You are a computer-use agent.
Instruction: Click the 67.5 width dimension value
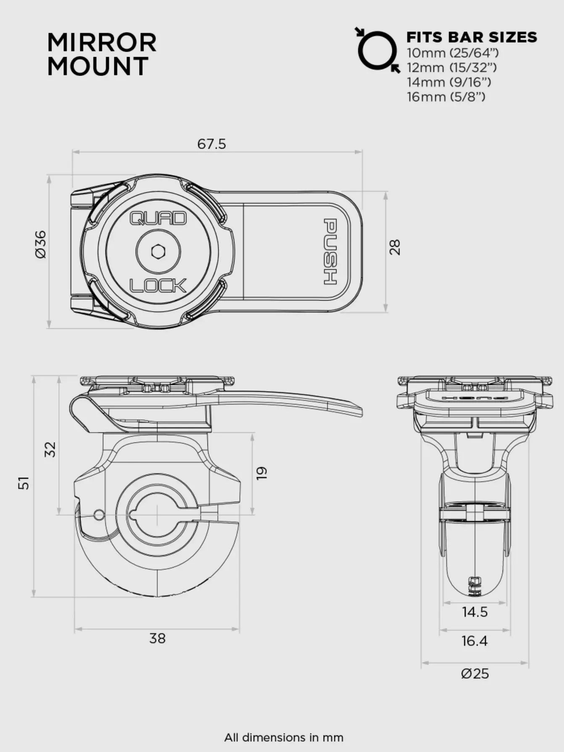pos(211,144)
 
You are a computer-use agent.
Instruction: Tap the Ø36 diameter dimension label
pos(41,245)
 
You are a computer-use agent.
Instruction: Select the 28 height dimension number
pos(395,247)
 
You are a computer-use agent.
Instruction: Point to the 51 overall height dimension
pos(24,482)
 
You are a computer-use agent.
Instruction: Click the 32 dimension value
pos(50,449)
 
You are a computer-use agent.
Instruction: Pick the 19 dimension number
pos(261,473)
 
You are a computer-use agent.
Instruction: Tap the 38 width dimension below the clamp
pos(157,639)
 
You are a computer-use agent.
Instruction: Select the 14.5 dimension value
pos(474,612)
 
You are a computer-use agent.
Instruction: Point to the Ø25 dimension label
pos(474,674)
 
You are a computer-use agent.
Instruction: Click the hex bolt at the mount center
pos(158,252)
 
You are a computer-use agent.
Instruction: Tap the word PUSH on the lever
pos(330,252)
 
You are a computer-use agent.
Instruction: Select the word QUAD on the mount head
pos(158,218)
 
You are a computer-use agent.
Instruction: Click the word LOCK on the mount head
pos(158,286)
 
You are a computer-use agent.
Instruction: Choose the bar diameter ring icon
pos(377,50)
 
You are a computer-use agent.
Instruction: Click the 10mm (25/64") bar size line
pos(452,53)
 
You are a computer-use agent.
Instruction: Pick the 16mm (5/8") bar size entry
pos(445,97)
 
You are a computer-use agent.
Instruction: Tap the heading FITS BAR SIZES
pos(471,37)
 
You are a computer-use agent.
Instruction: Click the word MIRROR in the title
pos(102,43)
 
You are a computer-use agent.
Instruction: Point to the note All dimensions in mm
pos(283,737)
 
